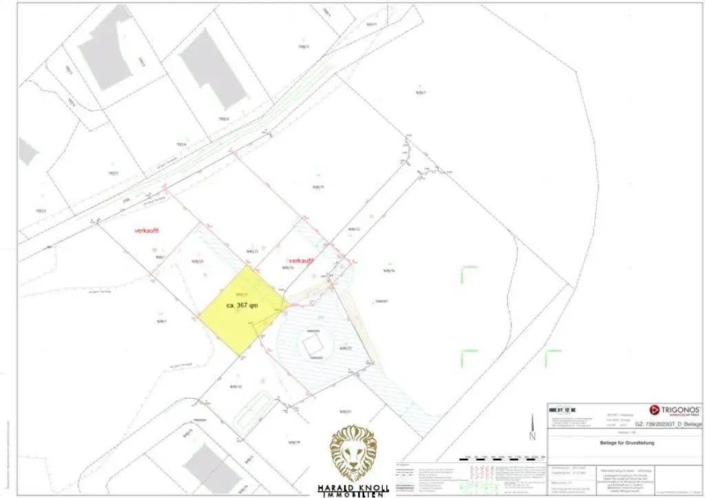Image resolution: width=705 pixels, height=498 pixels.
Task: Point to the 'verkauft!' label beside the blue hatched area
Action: coord(302,261)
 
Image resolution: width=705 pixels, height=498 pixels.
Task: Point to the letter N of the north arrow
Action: coord(532,437)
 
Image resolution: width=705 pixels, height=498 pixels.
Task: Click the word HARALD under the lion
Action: coord(335,488)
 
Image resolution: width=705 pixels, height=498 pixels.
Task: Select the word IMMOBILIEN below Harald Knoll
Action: coord(353,495)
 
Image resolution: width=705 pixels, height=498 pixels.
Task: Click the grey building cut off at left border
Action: coord(26,151)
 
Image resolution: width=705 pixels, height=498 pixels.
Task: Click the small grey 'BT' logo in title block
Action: coord(560,408)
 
